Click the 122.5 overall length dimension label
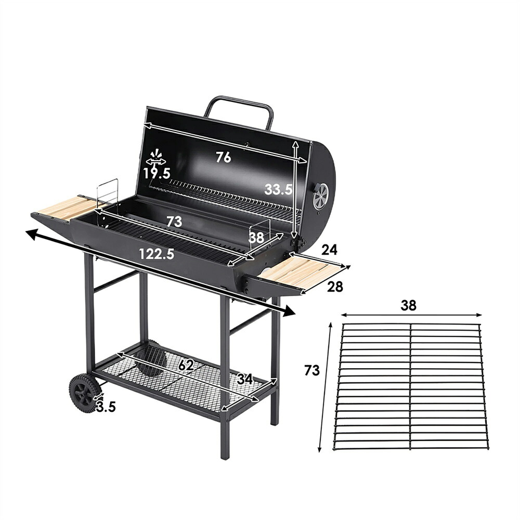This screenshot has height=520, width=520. pos(157,254)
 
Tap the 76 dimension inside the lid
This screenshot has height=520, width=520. pos(224,157)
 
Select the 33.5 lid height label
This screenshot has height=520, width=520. pos(279,189)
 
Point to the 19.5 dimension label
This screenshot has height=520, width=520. pos(157,173)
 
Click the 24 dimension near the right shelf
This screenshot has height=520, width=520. pos(329,250)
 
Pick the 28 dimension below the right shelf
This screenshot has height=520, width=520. pos(335,287)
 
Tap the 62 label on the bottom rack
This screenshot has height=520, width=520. pos(186,365)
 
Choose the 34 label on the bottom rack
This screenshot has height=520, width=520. pos(245,379)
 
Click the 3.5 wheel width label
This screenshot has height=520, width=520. pos(106,407)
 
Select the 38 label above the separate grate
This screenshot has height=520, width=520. pos(408,305)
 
